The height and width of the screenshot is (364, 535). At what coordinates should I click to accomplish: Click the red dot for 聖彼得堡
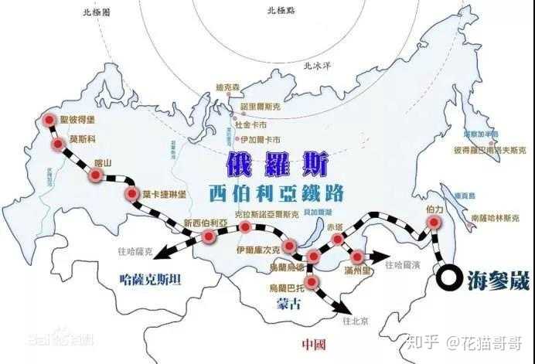tap(50, 120)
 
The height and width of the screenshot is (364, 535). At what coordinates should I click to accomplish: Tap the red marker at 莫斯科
tap(58, 145)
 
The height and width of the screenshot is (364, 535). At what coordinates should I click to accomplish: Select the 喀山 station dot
tap(95, 175)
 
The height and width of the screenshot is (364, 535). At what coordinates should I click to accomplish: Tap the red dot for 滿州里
tap(357, 256)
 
